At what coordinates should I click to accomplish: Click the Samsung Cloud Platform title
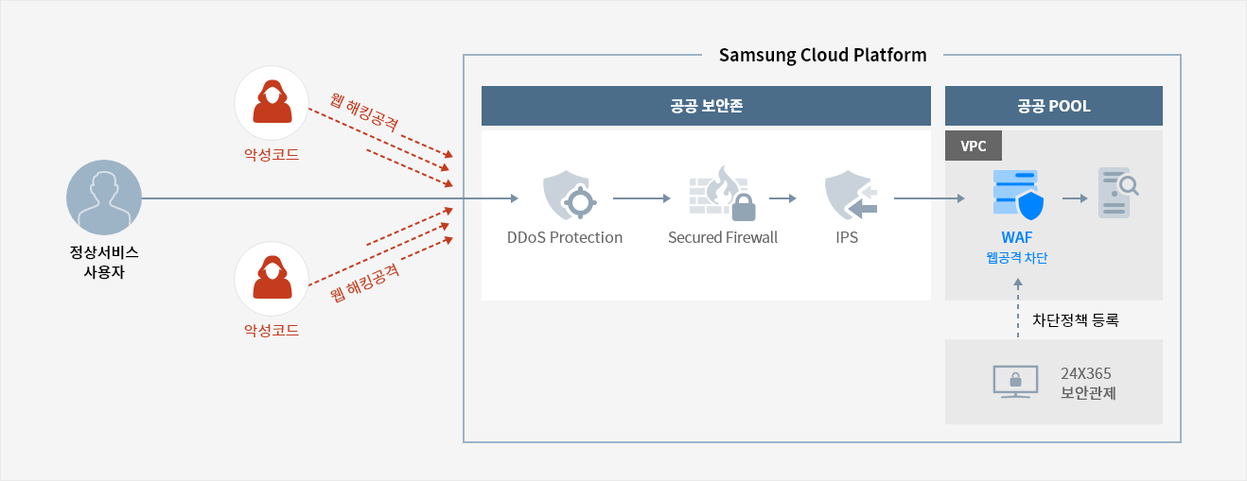tap(822, 55)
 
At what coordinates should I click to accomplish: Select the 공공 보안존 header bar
tap(706, 106)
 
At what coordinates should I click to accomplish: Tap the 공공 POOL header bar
tap(1053, 106)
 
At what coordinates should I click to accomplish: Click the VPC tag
tap(974, 146)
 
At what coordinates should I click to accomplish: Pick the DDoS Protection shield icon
tap(566, 196)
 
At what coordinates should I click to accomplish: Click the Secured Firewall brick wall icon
tap(722, 196)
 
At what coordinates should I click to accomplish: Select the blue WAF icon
tap(1016, 196)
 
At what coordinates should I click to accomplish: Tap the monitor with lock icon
tap(1015, 381)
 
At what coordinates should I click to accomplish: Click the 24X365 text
tap(1086, 373)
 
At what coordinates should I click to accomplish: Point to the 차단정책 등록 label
tap(1075, 320)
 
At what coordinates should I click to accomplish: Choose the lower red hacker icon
tap(272, 279)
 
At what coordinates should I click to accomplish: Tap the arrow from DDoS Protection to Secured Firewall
tap(641, 199)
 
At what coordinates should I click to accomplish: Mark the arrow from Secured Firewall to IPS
tap(782, 199)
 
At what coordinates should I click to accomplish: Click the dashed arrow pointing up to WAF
tap(1017, 308)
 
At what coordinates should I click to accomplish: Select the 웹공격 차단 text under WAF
tap(1016, 258)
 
